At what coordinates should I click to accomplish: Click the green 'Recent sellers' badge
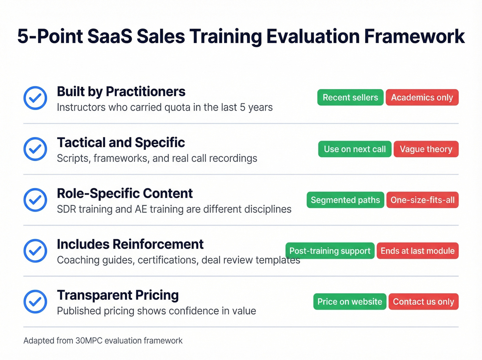click(350, 97)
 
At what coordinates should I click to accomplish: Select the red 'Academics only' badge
click(422, 97)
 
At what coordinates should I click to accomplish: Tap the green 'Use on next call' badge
click(355, 149)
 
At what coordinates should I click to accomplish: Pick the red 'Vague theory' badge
click(426, 149)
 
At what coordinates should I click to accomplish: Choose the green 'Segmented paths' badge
click(345, 200)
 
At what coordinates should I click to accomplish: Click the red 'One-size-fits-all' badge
click(422, 200)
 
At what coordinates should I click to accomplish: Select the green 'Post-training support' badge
click(330, 251)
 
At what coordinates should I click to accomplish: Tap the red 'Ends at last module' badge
click(418, 251)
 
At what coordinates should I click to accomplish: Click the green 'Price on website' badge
click(350, 302)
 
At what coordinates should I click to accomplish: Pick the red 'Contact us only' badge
click(423, 302)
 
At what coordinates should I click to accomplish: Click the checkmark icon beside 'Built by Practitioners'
click(35, 98)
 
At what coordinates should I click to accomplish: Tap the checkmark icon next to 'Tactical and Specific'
click(35, 149)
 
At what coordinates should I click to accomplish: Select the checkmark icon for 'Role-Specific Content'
click(35, 200)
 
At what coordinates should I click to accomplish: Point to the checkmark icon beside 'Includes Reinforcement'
click(35, 251)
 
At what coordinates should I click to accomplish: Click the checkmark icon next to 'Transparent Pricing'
click(35, 302)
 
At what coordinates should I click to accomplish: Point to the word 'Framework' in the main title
click(414, 36)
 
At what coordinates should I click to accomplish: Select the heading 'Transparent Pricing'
click(118, 295)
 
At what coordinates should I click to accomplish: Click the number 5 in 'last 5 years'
click(242, 107)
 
